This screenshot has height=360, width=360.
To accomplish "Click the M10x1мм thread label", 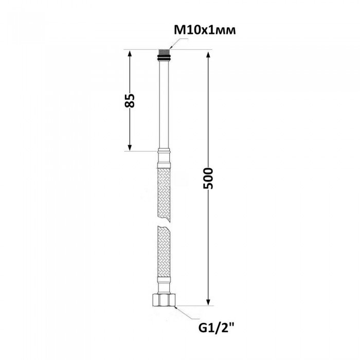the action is coord(205,30).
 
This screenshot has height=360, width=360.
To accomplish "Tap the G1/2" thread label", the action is coord(217,328).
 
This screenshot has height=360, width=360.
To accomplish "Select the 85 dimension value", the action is coord(130,100).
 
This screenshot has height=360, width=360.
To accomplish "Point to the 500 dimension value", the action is coord(208,178).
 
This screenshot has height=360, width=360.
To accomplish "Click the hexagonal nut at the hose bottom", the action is coord(164,300).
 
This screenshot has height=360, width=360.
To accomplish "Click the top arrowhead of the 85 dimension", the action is coord(130,54).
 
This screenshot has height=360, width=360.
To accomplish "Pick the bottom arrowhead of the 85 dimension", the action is coord(130,147).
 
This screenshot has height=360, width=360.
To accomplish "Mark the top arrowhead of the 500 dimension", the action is coord(208,56).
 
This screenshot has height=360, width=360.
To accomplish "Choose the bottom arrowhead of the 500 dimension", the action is coord(208,301).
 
